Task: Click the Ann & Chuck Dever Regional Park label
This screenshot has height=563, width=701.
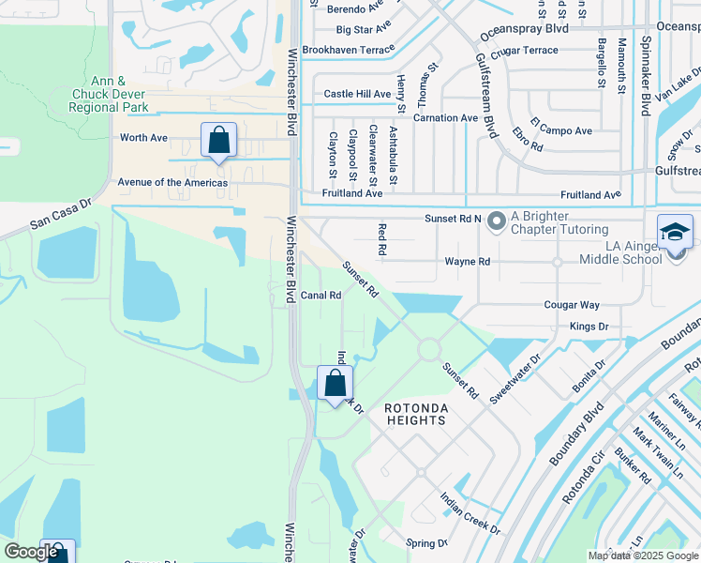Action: (x=110, y=95)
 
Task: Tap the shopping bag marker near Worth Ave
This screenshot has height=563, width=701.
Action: (x=218, y=141)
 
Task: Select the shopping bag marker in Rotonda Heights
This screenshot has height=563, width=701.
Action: (x=335, y=383)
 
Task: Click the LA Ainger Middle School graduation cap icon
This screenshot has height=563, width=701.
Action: (x=675, y=232)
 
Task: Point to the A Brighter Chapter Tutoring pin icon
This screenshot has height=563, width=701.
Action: (x=496, y=221)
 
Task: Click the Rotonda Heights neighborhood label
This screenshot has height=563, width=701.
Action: (x=415, y=415)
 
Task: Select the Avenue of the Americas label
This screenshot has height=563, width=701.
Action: (x=172, y=182)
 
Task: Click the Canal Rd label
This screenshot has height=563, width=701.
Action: (x=321, y=295)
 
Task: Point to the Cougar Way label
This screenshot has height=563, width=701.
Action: (x=572, y=305)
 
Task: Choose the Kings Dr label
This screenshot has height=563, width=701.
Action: (x=589, y=327)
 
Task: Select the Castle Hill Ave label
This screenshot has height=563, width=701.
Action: (x=357, y=94)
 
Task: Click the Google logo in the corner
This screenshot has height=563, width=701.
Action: (x=31, y=552)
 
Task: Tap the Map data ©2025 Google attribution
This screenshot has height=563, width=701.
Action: (x=642, y=555)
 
